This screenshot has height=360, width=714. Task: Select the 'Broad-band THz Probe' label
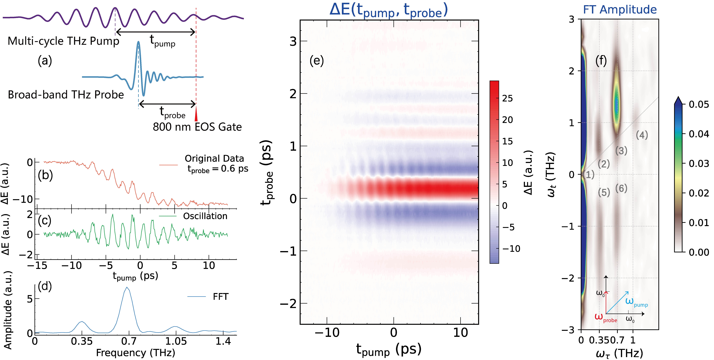66,95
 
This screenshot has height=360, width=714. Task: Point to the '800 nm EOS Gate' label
197,127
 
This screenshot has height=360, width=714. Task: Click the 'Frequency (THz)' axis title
136,353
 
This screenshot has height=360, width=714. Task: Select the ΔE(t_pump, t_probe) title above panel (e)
389,10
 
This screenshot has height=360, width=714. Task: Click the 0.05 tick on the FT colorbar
699,105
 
